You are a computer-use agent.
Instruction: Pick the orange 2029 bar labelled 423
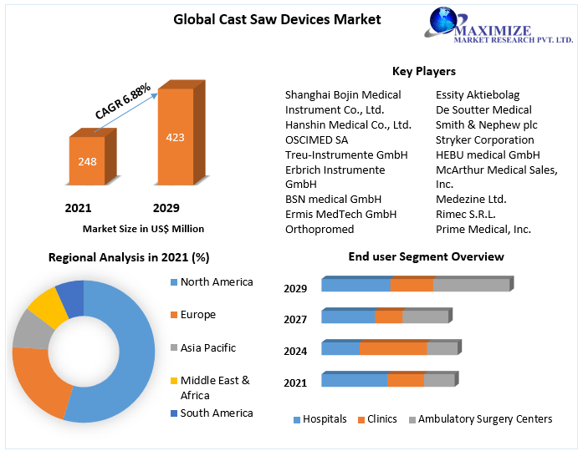[x=175, y=137]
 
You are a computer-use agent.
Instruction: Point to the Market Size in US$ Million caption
[x=143, y=228]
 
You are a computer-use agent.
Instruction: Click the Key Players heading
[x=423, y=71]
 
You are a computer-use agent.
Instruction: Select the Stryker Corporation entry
[x=484, y=139]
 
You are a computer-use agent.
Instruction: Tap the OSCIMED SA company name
[x=316, y=139]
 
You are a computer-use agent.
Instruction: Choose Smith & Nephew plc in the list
[x=486, y=124]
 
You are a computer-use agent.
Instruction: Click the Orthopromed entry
[x=320, y=229]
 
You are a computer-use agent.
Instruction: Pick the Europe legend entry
[x=197, y=315]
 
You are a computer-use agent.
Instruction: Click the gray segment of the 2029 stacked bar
[x=471, y=286]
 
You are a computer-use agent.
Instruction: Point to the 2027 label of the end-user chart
[x=295, y=319]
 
